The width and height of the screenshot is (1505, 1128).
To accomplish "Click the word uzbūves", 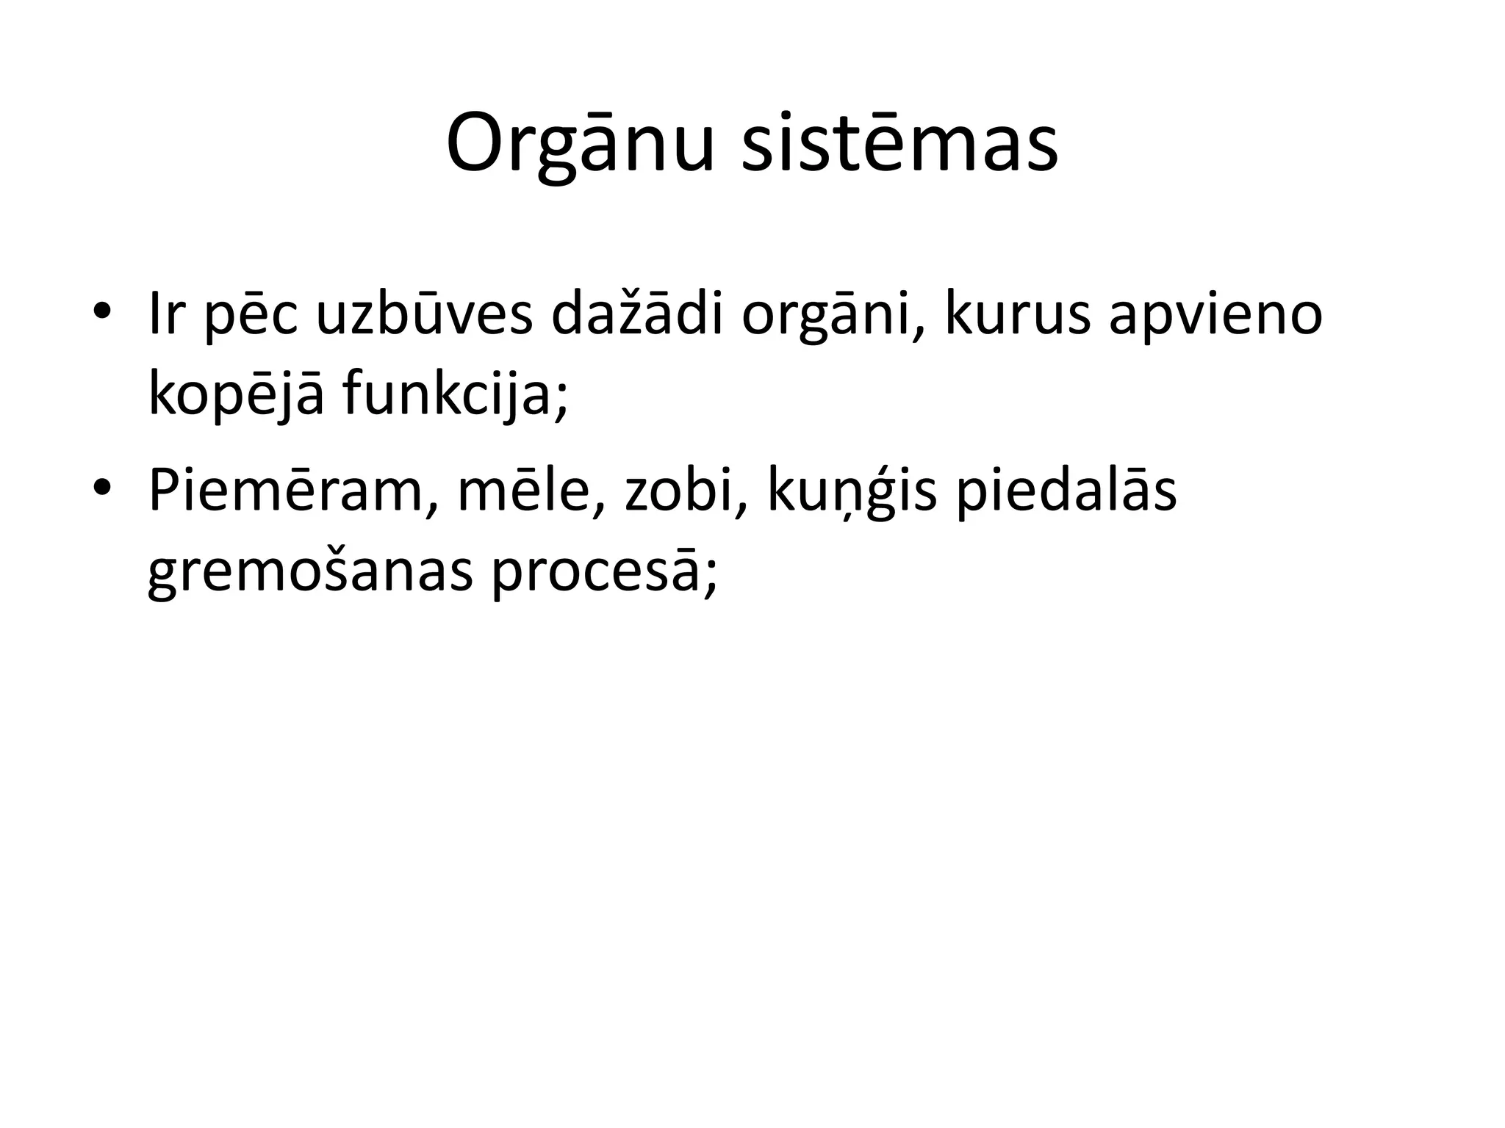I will [x=424, y=314].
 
